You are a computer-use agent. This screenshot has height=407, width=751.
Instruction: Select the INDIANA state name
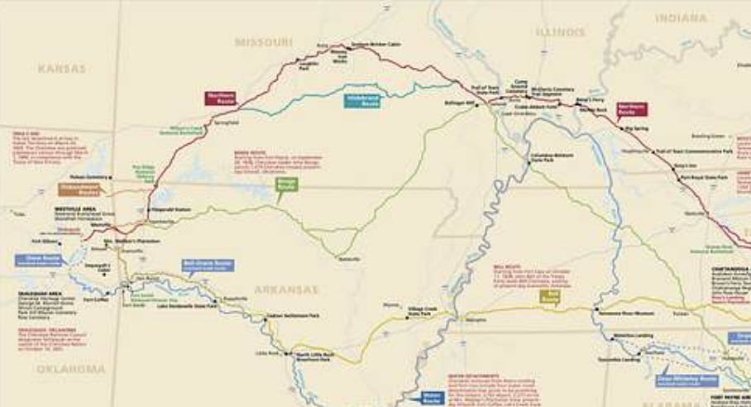[681, 17]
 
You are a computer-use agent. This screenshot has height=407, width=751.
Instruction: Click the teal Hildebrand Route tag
[362, 103]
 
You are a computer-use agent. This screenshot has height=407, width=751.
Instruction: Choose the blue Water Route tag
[432, 397]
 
